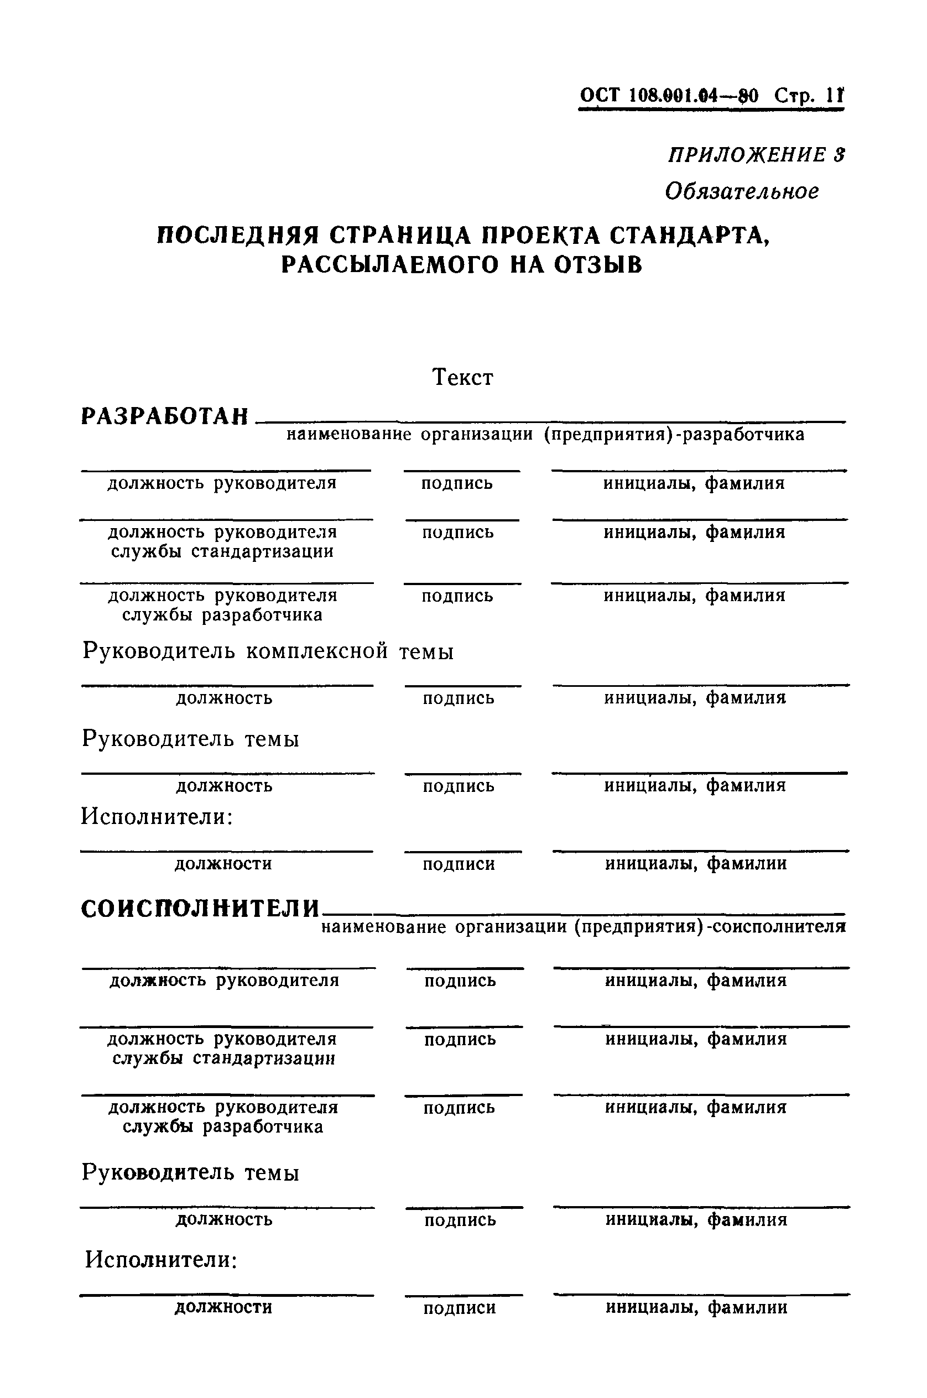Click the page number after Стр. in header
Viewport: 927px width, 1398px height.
(835, 95)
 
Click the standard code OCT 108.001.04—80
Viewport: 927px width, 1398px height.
(669, 95)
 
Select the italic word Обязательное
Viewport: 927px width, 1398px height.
(742, 191)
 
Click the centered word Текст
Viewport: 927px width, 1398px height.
(463, 377)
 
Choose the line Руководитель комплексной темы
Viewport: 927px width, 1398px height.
(268, 651)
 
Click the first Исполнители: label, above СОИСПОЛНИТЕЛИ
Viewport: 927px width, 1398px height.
(157, 817)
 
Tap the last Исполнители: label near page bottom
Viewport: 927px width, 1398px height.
(161, 1260)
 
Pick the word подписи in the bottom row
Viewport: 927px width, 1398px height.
(460, 1308)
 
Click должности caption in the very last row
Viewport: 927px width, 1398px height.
(223, 1307)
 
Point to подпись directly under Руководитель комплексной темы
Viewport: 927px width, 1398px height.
(458, 698)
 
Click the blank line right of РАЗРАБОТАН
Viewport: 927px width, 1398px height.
(550, 421)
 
